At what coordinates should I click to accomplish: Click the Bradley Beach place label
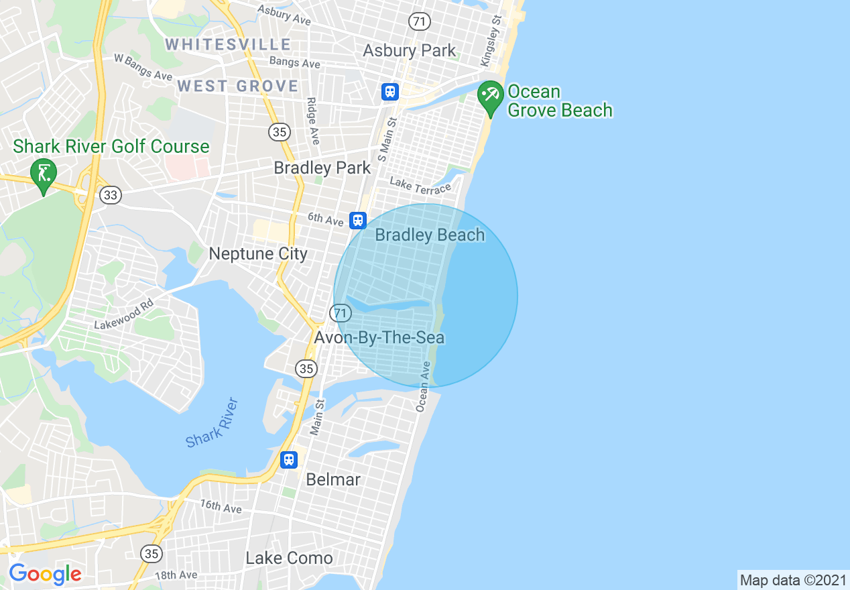point(430,235)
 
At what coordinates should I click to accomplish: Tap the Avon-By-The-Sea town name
point(379,337)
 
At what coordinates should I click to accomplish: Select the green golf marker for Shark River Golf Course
point(44,174)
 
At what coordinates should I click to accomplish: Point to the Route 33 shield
point(110,195)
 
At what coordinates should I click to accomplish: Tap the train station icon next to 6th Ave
point(358,220)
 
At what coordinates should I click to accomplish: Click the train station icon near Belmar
point(289,459)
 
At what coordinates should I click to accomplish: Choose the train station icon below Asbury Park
point(390,92)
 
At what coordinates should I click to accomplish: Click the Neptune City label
point(258,253)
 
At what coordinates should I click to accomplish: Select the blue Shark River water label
point(213,422)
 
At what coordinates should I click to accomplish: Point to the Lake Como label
point(289,558)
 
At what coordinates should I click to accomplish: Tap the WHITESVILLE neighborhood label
point(228,45)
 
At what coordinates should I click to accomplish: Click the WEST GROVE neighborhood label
point(237,86)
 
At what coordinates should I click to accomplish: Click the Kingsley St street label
point(491,42)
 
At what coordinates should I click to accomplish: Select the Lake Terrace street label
point(420,185)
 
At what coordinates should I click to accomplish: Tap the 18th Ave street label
point(176,575)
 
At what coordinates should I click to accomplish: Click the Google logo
point(45,574)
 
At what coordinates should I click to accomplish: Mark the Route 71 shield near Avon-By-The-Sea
point(341,313)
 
